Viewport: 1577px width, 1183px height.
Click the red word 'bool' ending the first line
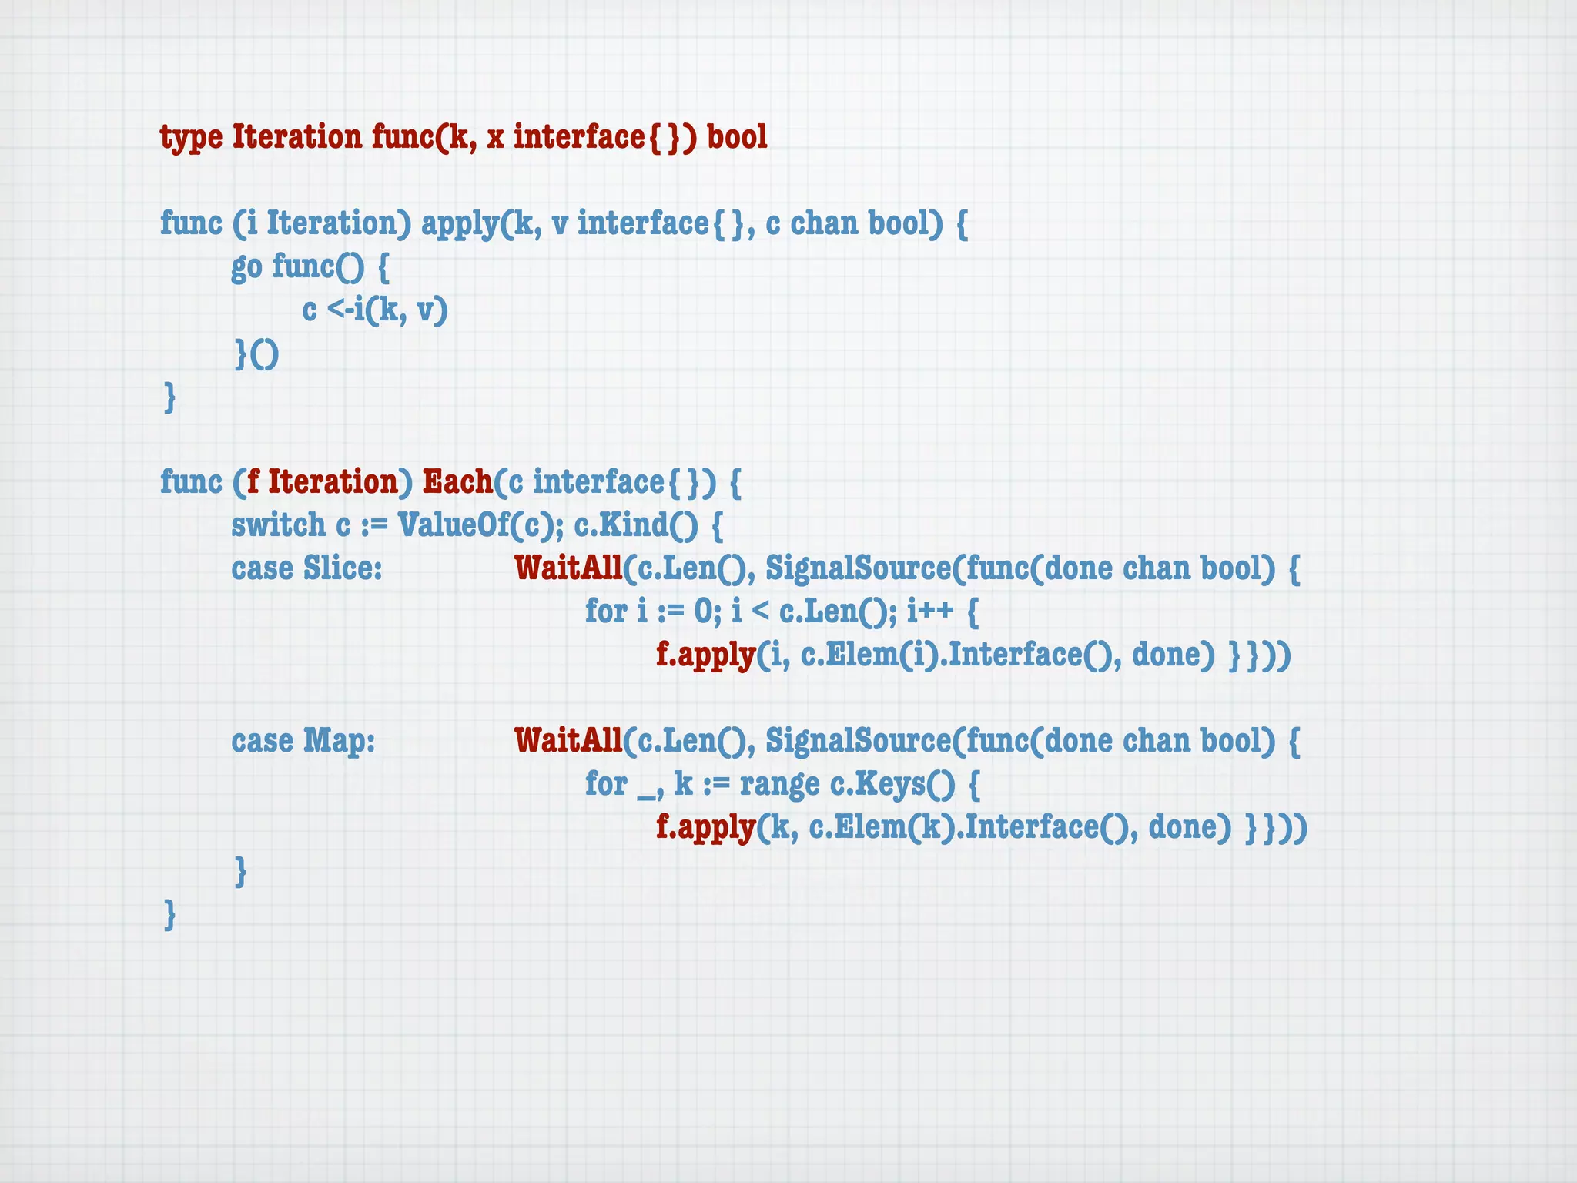click(737, 137)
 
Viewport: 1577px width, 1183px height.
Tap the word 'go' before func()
click(246, 267)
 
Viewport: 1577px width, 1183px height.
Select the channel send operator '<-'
click(339, 310)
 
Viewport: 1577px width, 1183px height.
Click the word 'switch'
click(278, 525)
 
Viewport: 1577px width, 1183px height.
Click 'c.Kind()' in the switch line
click(636, 525)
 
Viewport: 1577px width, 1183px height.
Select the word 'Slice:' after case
click(342, 568)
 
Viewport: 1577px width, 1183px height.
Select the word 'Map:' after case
click(339, 741)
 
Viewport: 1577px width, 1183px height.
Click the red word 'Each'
click(457, 482)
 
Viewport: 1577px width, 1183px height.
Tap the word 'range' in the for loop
click(779, 785)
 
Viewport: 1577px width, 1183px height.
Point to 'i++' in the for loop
click(929, 612)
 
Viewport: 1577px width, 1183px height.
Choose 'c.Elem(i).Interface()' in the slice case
click(959, 655)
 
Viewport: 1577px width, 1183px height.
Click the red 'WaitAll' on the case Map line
click(568, 741)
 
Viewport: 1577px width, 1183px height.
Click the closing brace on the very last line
click(170, 914)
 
